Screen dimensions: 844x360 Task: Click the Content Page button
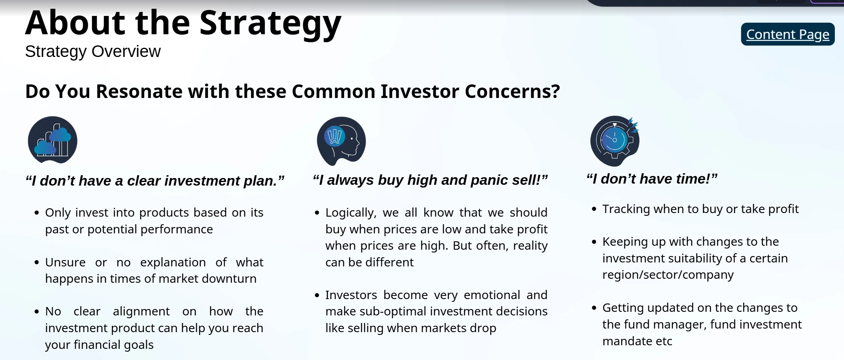point(787,34)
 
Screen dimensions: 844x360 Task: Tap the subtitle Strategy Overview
point(93,51)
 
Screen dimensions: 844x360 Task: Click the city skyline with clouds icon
point(53,140)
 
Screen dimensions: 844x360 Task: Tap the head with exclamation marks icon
point(341,141)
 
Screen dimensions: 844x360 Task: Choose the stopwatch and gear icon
point(615,141)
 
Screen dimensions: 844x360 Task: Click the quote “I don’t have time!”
point(652,179)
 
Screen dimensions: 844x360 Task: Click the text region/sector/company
point(668,275)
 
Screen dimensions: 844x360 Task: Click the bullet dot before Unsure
point(37,262)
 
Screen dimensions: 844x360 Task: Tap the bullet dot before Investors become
point(317,295)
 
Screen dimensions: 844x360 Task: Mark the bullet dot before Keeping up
point(594,242)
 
